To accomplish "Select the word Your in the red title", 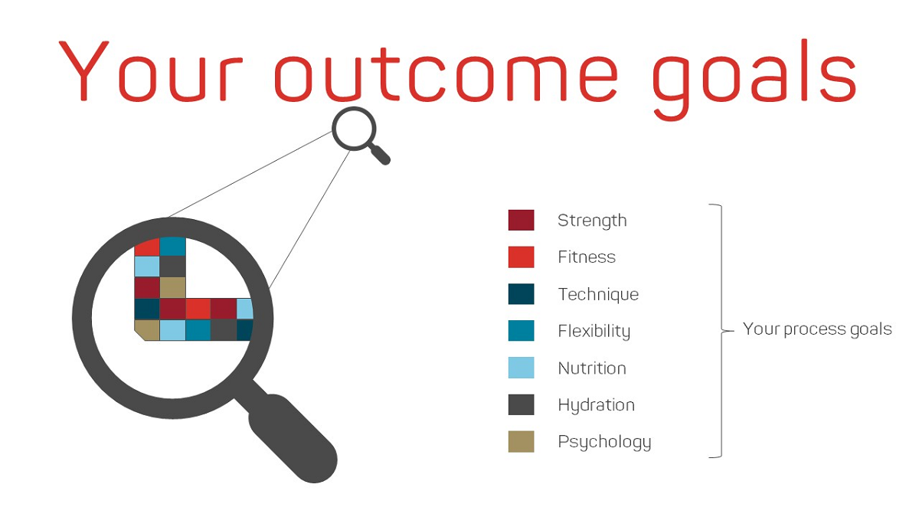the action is pyautogui.click(x=151, y=70).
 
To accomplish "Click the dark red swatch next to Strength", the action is pyautogui.click(x=521, y=220).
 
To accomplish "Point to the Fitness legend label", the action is pyautogui.click(x=587, y=257).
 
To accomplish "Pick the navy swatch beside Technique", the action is pyautogui.click(x=521, y=294).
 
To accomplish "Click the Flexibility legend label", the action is pyautogui.click(x=594, y=331).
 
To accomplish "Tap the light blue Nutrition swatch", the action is pyautogui.click(x=521, y=368).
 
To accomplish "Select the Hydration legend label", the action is pyautogui.click(x=596, y=405).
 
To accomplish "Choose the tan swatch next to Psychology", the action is pyautogui.click(x=521, y=441).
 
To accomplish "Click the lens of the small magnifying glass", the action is pyautogui.click(x=354, y=129).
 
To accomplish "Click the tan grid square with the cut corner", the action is pyautogui.click(x=148, y=330).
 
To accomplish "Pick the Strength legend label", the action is pyautogui.click(x=592, y=221).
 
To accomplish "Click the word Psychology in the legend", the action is pyautogui.click(x=604, y=443).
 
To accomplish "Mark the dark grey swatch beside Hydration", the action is pyautogui.click(x=521, y=404).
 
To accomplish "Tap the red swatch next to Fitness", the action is pyautogui.click(x=521, y=257).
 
